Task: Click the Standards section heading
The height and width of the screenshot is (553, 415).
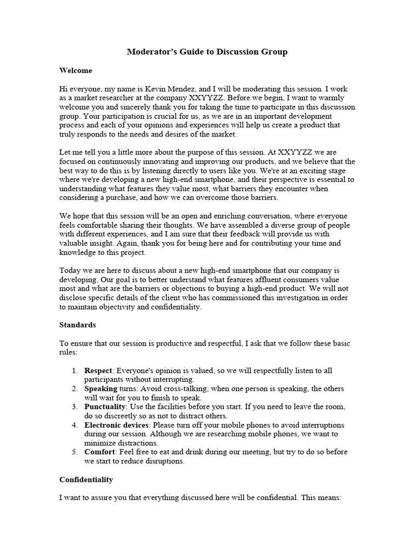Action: pos(77,325)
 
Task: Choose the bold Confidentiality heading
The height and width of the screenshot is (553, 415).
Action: pos(86,479)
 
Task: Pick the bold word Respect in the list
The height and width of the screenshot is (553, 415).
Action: pos(98,370)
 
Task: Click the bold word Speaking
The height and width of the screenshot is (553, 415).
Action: pos(101,389)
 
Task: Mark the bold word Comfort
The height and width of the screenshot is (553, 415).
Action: pos(99,452)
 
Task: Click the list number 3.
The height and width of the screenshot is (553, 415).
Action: pos(74,407)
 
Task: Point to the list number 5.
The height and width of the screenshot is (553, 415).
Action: pos(74,452)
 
